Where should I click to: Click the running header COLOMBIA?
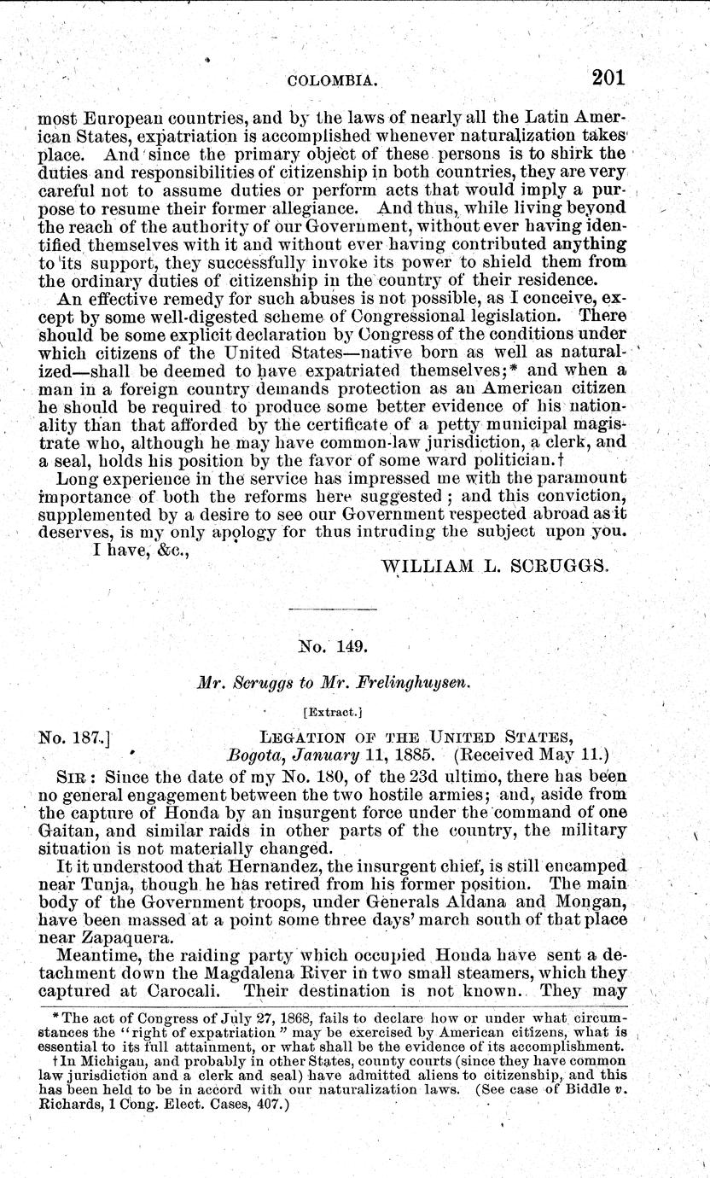334,81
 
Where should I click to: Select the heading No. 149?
332,647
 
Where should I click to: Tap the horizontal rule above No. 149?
332,608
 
